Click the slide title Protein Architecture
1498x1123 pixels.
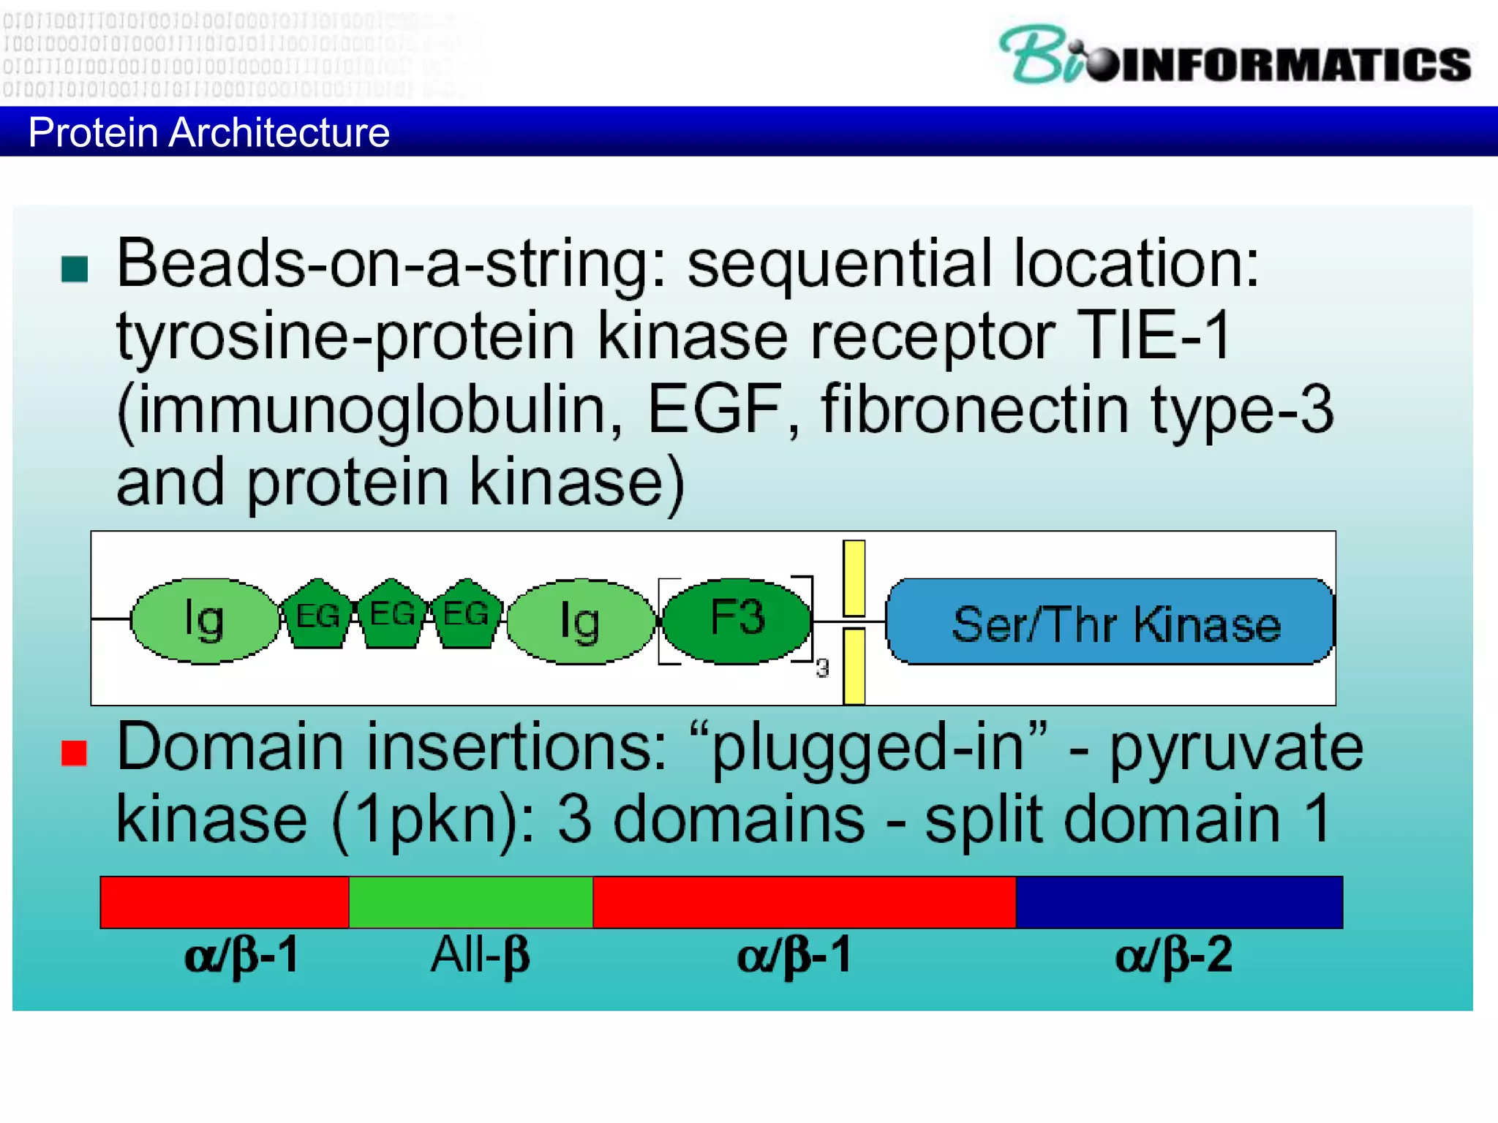point(208,132)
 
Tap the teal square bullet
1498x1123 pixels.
point(75,269)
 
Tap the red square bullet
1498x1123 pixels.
point(75,753)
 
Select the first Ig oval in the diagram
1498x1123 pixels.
point(204,621)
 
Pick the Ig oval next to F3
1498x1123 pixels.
point(580,621)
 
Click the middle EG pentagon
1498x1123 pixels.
point(392,615)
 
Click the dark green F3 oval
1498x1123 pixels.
point(737,620)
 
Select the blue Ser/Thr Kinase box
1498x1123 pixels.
point(1110,622)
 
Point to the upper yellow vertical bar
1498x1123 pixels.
point(854,578)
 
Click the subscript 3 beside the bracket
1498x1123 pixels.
point(823,668)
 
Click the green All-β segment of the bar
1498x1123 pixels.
point(470,902)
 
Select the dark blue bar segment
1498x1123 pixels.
point(1178,902)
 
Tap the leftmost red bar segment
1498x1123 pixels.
point(225,902)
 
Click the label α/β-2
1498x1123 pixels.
point(1173,955)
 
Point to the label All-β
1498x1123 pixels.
point(479,955)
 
